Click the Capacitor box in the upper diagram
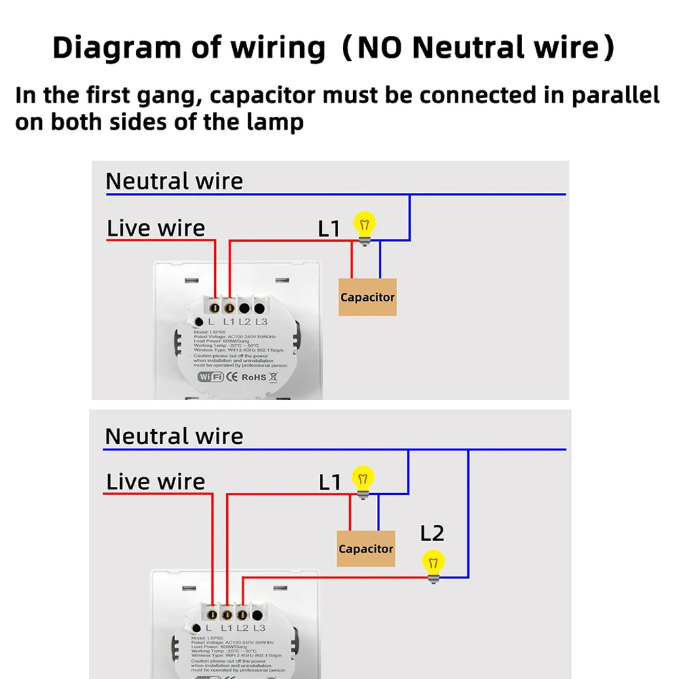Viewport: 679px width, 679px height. [367, 297]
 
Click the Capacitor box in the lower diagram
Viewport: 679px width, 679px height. [366, 549]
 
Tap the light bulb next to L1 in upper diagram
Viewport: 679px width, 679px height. [365, 225]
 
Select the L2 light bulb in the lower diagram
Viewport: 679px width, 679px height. [433, 564]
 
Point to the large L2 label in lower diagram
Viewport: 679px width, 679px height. [432, 534]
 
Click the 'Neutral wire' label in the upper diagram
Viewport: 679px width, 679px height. [174, 181]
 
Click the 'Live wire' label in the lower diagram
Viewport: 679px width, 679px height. [155, 482]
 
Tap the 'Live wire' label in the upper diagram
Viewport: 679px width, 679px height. [155, 228]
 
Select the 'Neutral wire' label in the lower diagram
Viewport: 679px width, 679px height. [174, 436]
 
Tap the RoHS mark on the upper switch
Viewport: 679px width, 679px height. [255, 376]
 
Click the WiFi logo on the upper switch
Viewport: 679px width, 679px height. [210, 376]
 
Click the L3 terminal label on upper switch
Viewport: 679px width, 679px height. [261, 322]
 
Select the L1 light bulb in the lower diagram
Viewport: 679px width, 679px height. [363, 479]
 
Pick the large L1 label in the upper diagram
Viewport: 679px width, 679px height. [329, 229]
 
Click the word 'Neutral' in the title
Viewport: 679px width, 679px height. [461, 48]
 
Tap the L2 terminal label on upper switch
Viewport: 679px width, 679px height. [244, 322]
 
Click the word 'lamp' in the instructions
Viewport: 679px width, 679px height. [278, 123]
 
